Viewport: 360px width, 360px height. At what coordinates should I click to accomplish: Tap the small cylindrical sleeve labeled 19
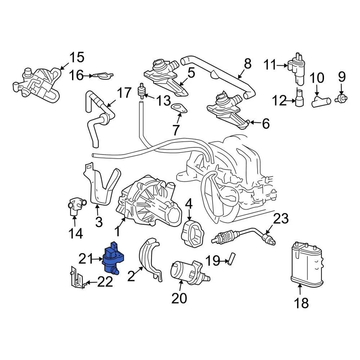click(x=231, y=259)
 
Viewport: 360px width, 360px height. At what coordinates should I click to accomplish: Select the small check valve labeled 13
click(x=142, y=91)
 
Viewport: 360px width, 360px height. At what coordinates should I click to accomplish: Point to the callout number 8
click(x=247, y=64)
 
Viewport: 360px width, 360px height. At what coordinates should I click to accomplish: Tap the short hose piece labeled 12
click(x=299, y=99)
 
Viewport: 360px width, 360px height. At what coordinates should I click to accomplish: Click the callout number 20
click(x=179, y=298)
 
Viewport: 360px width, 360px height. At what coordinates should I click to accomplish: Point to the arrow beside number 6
click(x=255, y=122)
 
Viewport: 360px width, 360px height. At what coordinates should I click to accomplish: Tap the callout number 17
click(x=124, y=93)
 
